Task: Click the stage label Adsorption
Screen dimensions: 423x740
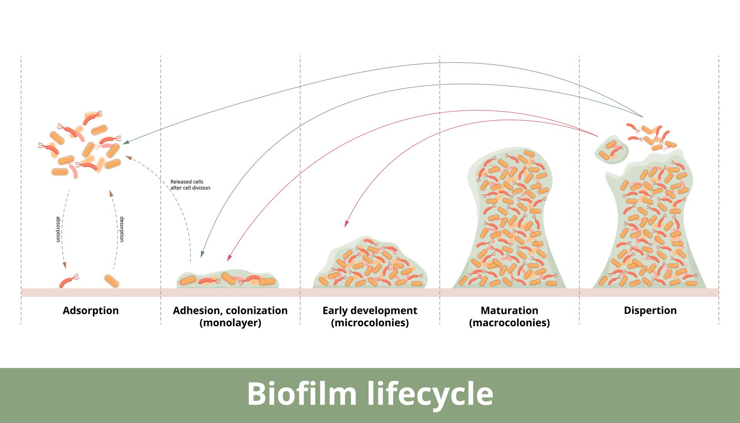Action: (91, 310)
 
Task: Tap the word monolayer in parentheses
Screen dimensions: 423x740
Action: (230, 323)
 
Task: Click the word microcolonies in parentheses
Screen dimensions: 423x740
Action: (370, 323)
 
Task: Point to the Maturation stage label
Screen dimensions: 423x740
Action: (509, 310)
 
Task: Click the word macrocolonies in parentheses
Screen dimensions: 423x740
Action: (509, 323)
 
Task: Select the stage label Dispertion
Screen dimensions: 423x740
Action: (650, 310)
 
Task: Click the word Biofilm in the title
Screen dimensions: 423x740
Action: (301, 394)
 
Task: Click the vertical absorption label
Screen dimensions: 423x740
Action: (58, 229)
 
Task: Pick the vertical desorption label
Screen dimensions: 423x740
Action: (122, 229)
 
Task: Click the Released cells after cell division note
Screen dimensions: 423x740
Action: (190, 185)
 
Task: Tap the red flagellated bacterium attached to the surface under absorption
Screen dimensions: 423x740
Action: (67, 281)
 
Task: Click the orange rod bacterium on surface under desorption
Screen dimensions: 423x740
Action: (112, 281)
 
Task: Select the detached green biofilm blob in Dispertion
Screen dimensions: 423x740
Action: (611, 149)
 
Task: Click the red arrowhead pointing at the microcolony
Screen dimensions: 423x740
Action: (346, 224)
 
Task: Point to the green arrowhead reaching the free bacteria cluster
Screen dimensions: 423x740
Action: (126, 142)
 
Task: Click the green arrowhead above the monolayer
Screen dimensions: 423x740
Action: (202, 254)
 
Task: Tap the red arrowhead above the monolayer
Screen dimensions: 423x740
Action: (229, 258)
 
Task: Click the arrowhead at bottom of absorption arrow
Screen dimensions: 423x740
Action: (65, 265)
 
